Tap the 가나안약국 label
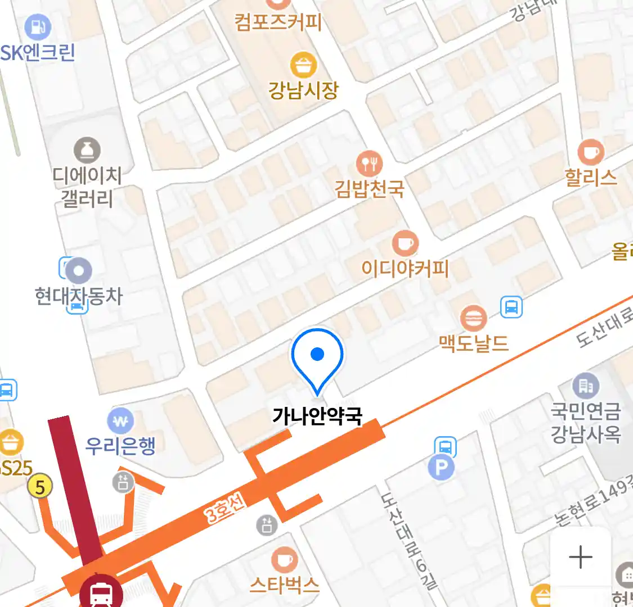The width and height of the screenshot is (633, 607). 317,416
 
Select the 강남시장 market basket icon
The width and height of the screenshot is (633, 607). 303,66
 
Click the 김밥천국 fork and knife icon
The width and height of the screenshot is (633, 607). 369,164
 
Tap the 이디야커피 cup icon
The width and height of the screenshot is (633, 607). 405,244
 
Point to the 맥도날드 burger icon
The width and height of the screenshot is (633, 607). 473,319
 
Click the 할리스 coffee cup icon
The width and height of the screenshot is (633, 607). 591,152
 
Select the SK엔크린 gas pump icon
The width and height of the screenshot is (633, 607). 38,26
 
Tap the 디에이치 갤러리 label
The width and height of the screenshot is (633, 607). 87,187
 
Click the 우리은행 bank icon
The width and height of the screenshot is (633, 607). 120,420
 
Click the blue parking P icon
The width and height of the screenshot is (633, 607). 441,468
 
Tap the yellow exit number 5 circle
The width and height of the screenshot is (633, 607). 39,486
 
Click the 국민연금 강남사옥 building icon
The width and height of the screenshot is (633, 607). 586,386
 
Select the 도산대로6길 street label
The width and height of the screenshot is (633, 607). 408,540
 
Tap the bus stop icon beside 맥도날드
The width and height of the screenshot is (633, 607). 511,307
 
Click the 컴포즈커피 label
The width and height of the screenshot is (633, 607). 278,22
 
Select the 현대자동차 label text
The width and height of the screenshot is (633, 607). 78,296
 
